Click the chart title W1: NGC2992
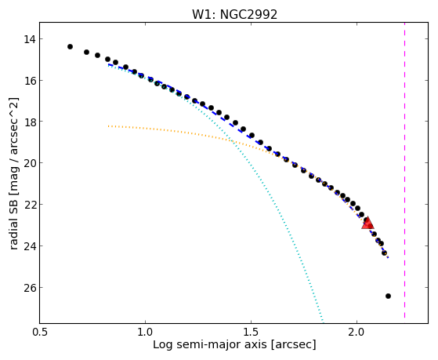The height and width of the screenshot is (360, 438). click(234, 14)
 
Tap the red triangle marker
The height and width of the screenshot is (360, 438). click(367, 223)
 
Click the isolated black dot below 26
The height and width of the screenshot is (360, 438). click(388, 296)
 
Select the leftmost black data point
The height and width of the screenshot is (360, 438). click(70, 46)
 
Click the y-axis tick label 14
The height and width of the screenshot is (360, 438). click(29, 39)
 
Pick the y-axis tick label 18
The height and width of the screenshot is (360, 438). click(29, 122)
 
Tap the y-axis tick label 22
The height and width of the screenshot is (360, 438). click(29, 205)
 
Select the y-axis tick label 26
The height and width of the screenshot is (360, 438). click(29, 288)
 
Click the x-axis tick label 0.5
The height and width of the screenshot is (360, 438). click(40, 333)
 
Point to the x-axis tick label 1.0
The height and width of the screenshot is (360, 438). click(146, 333)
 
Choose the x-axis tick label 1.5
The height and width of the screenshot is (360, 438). click(252, 333)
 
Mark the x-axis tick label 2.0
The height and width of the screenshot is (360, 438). click(357, 333)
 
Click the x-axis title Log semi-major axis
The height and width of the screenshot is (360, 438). click(210, 345)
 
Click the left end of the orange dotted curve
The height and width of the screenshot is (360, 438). click(109, 125)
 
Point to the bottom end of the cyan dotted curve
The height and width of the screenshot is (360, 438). click(323, 322)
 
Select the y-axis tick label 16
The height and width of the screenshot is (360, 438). click(29, 81)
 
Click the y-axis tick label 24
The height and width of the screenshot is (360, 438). click(29, 246)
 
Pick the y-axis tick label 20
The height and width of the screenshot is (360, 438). click(29, 163)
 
